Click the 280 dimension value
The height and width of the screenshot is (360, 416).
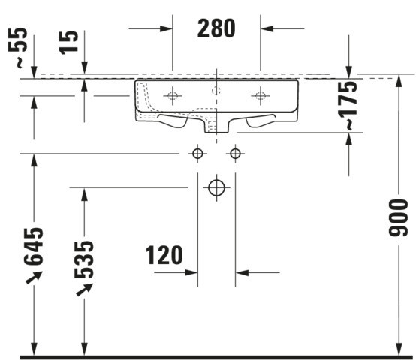[216, 28]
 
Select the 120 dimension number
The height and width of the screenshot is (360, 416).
[164, 255]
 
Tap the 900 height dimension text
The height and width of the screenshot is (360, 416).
[398, 217]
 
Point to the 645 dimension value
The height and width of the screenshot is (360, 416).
[34, 246]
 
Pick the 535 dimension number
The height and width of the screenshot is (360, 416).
[84, 259]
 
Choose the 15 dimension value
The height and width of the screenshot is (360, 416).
[69, 43]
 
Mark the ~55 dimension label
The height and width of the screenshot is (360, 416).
[18, 48]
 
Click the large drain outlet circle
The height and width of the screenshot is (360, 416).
[216, 187]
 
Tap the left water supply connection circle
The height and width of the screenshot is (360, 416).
[197, 154]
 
